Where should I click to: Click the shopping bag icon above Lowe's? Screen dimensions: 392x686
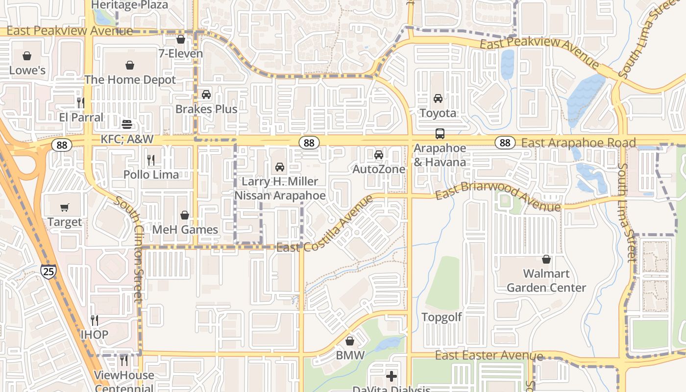point(27,56)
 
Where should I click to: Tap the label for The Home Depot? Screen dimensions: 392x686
point(130,79)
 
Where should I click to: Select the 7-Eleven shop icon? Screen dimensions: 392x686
point(181,39)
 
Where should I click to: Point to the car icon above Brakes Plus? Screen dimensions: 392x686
point(206,95)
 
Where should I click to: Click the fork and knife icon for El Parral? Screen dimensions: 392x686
point(81,102)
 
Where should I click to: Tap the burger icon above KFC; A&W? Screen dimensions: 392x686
point(127,124)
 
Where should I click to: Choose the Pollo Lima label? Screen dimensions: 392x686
point(151,174)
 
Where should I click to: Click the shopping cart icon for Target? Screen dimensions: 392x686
point(65,208)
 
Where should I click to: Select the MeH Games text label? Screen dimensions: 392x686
point(185,229)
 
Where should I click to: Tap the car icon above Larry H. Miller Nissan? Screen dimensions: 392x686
point(280,167)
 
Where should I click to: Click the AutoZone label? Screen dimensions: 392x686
point(379,169)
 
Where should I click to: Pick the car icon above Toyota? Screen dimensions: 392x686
point(438,98)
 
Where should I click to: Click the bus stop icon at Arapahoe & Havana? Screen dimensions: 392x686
point(440,133)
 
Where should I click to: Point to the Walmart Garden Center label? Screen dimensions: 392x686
point(546,280)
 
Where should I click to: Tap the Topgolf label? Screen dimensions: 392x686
point(441,317)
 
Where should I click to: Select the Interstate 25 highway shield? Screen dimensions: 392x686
point(48,271)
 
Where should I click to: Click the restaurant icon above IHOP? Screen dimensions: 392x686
point(95,320)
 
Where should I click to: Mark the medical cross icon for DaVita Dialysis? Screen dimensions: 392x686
point(392,376)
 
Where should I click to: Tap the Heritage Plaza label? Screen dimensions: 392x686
point(129,5)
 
